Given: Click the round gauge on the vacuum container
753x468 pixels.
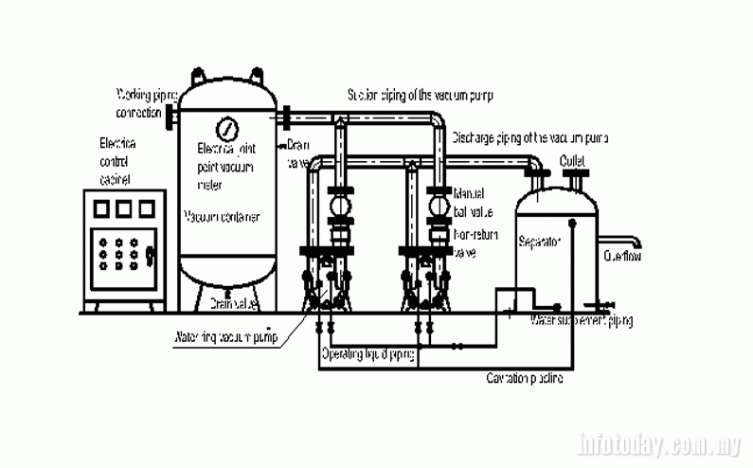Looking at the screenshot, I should [227, 127].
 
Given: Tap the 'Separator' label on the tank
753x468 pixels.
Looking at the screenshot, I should [540, 242].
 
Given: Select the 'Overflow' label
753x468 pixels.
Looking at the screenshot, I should [623, 255].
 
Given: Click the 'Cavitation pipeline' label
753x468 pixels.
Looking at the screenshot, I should [525, 379].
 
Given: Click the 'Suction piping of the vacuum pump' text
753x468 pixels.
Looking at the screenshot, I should [421, 95].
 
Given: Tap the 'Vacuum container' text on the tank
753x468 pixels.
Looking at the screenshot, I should [222, 217].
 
